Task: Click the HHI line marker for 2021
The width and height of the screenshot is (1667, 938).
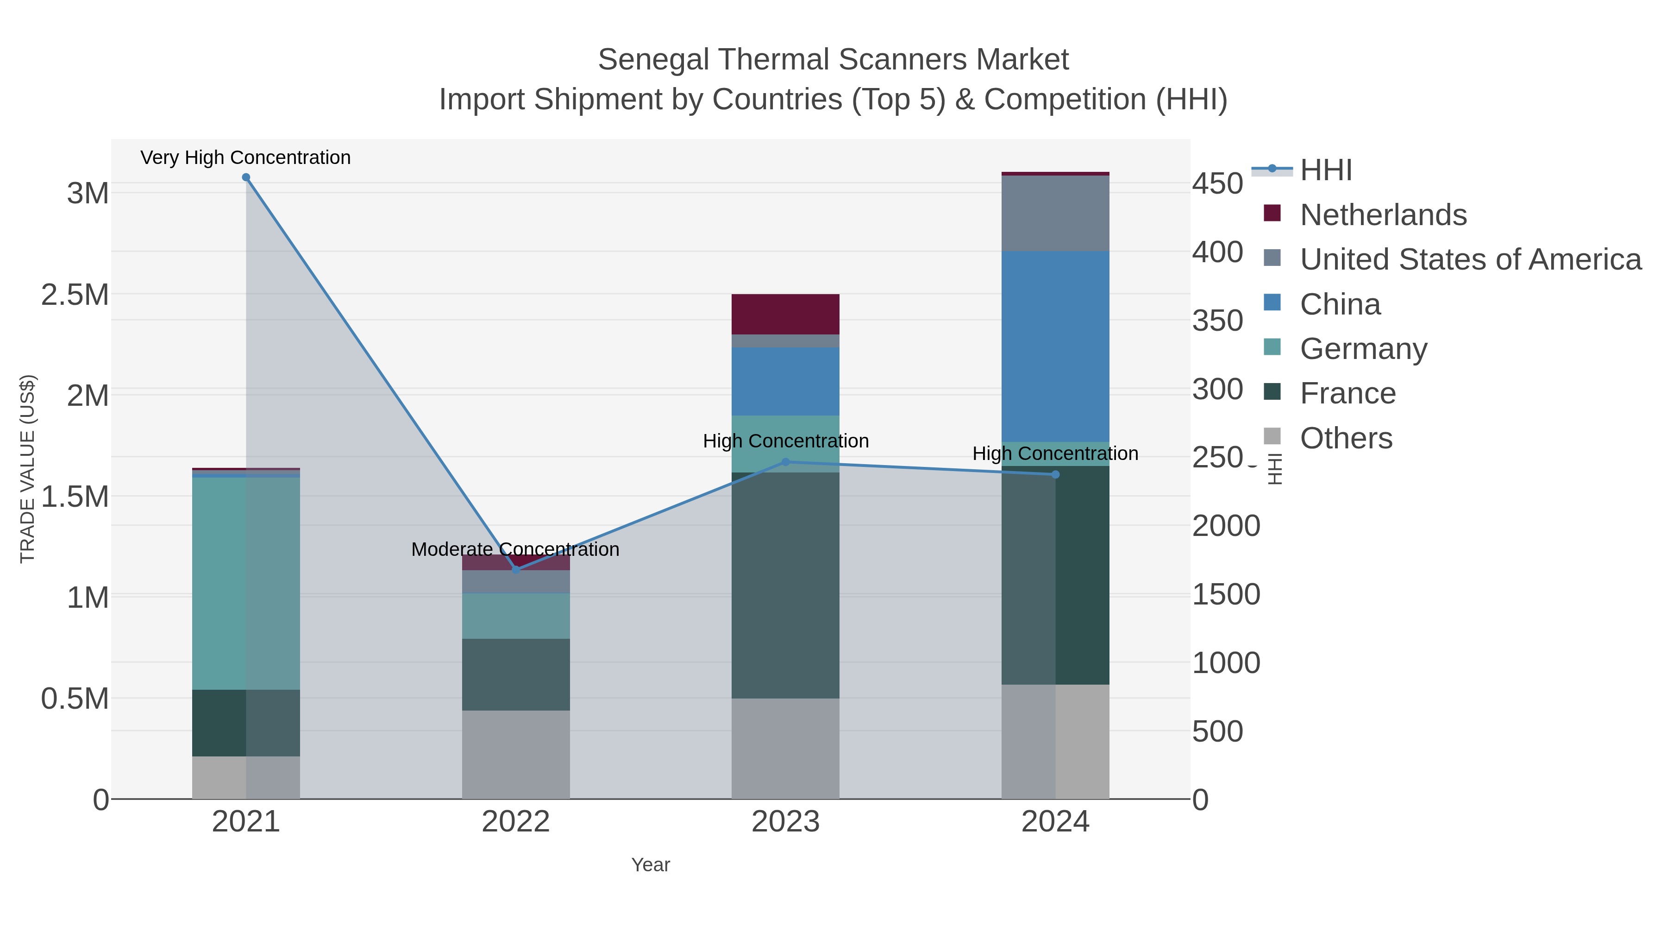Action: click(246, 177)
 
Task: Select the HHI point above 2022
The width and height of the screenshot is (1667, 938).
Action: click(516, 570)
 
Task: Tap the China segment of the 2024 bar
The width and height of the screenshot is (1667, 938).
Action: click(1055, 346)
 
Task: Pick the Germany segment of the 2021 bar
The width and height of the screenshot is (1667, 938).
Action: click(246, 583)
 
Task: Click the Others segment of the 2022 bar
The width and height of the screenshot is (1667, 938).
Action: click(516, 754)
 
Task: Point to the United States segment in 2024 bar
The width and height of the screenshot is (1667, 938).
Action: click(1055, 213)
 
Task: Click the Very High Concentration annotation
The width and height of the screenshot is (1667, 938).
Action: click(245, 157)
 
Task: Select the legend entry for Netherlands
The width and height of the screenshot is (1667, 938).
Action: click(1383, 215)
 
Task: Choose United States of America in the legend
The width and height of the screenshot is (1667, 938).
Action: click(1470, 259)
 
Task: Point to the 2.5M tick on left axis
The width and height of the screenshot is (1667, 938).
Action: click(75, 295)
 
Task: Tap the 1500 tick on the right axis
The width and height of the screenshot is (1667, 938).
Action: click(1226, 594)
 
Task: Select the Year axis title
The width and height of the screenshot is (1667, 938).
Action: click(651, 865)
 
